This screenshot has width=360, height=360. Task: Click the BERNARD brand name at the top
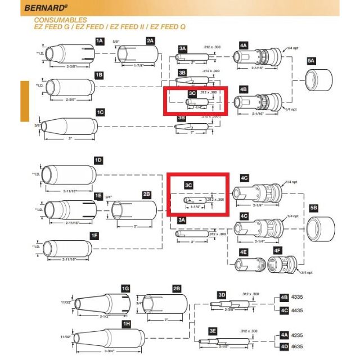click(46, 8)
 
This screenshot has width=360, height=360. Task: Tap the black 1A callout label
click(100, 41)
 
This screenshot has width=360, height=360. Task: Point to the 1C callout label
click(100, 112)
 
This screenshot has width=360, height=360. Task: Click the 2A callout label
click(150, 41)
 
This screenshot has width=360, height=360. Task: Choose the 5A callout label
click(311, 60)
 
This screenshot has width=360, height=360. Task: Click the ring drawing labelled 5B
click(321, 229)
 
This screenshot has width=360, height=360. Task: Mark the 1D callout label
click(98, 160)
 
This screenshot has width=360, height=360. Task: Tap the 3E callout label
click(213, 331)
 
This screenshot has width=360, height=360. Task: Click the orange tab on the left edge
click(24, 101)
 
